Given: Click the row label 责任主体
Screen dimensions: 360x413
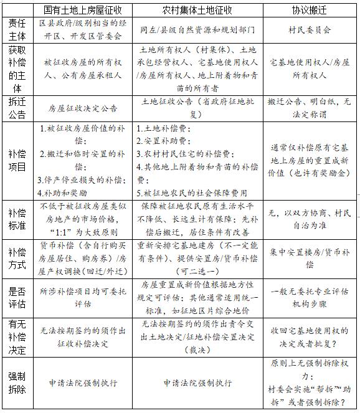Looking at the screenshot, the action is (x=17, y=29).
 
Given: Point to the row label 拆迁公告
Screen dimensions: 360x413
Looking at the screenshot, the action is (x=17, y=107).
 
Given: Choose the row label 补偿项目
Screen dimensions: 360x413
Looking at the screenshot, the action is (x=17, y=160).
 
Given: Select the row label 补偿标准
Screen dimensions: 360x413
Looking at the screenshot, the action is (x=17, y=218).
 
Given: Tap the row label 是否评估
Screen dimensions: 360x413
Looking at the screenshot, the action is (x=17, y=297).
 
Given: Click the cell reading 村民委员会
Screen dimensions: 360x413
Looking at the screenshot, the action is (x=310, y=29).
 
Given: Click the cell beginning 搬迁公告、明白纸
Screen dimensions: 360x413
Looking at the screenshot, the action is (x=310, y=107).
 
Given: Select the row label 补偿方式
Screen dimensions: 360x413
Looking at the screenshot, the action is (x=17, y=258).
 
